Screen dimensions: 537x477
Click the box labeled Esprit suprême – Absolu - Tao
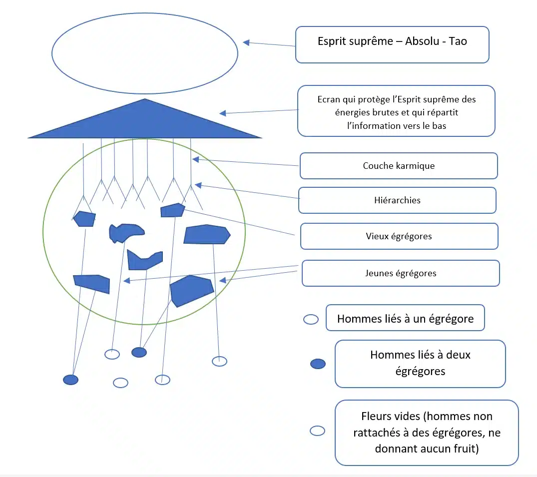(x=392, y=44)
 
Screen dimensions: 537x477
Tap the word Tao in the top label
(x=458, y=41)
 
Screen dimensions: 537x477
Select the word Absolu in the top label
(x=422, y=41)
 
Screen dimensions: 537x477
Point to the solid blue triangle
(x=145, y=123)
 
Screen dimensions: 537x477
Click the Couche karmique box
(x=399, y=166)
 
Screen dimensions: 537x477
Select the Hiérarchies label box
(x=397, y=200)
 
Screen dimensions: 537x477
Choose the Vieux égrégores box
(x=399, y=236)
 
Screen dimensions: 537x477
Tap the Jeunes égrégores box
(x=401, y=273)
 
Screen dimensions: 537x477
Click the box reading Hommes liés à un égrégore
(x=405, y=318)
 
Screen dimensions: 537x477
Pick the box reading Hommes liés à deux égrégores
(x=420, y=364)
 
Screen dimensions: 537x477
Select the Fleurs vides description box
(x=427, y=433)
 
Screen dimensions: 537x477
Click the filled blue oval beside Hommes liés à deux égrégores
(x=318, y=364)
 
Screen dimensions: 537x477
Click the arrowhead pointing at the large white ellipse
(x=246, y=42)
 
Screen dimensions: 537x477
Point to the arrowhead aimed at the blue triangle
(x=223, y=113)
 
